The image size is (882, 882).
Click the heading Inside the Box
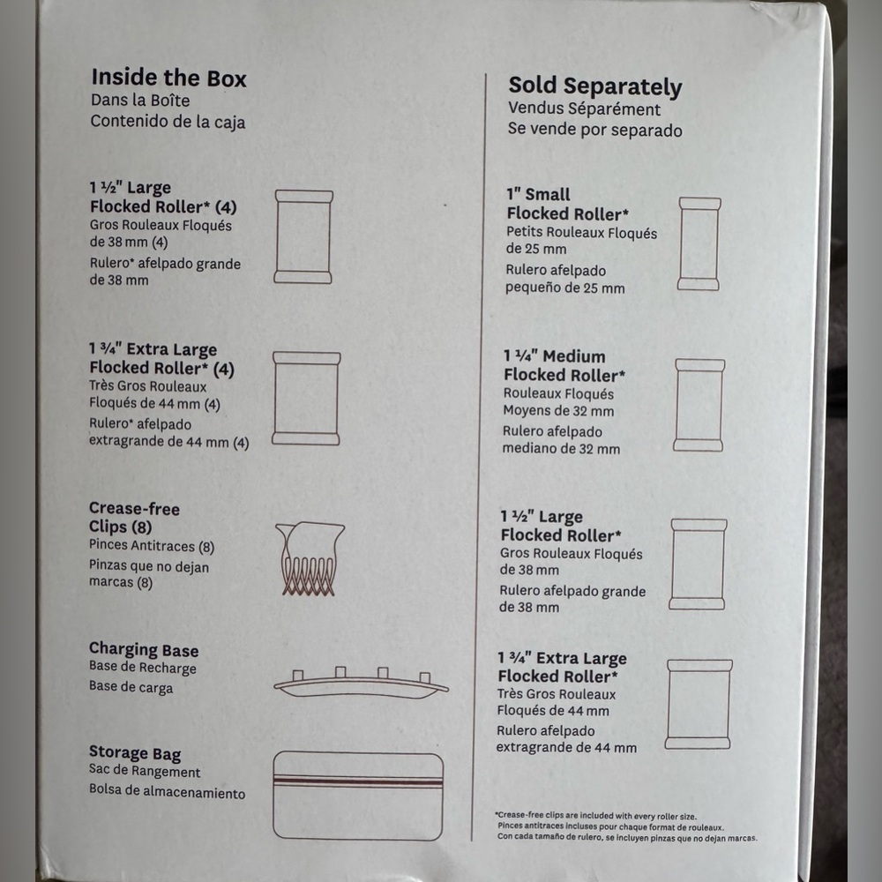point(168,78)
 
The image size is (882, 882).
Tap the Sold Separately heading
point(595,86)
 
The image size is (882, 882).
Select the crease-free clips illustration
point(310,558)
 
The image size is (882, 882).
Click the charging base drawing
point(361,683)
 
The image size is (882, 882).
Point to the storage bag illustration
point(358,796)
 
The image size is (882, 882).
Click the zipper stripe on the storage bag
point(358,781)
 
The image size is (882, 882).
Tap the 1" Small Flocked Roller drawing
point(699,243)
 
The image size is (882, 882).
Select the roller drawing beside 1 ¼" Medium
point(699,405)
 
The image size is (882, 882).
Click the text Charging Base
point(144,650)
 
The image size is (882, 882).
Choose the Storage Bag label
point(135,753)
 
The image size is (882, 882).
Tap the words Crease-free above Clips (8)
point(134,509)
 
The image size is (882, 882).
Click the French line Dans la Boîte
point(140,101)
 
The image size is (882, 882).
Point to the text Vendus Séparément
point(585,108)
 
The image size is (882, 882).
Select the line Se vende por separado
point(595,130)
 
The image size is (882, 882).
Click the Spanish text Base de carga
point(131,687)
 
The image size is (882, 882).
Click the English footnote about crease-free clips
point(596,816)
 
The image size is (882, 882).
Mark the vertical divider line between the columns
point(479,457)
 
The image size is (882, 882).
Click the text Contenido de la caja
point(168,122)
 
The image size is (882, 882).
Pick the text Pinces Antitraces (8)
point(152,546)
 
